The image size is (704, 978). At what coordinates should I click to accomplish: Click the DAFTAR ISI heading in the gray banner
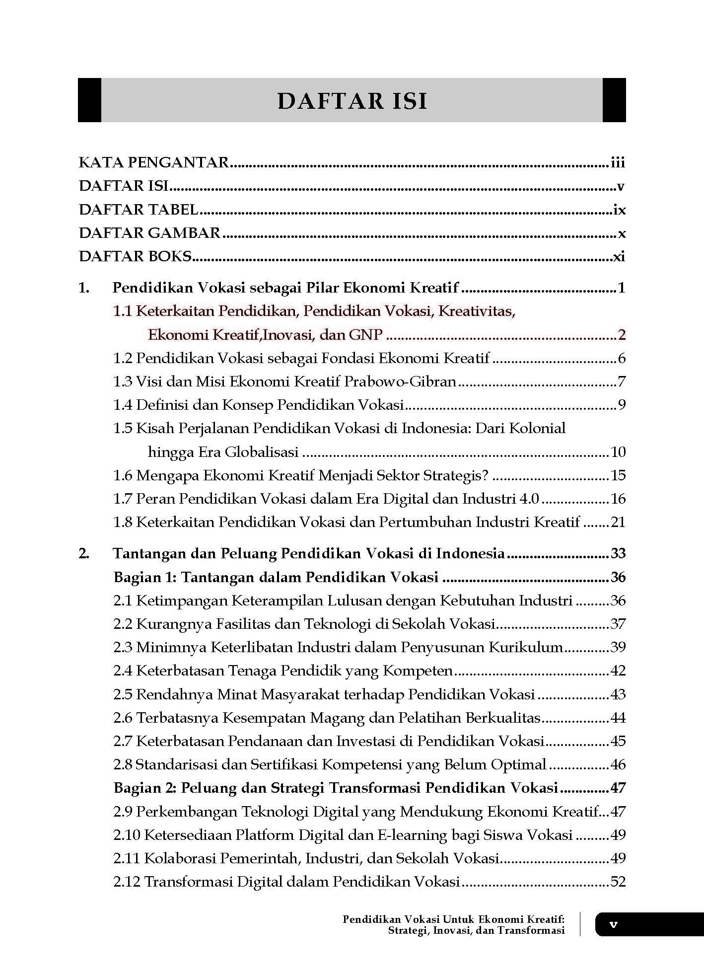click(x=352, y=101)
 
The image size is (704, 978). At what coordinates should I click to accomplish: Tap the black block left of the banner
click(x=89, y=100)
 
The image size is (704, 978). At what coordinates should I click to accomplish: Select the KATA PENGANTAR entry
click(x=154, y=162)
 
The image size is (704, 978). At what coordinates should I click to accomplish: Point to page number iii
click(x=618, y=162)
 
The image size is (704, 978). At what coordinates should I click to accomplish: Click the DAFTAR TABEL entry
click(x=139, y=210)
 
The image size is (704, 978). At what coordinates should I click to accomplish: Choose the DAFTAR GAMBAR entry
click(x=149, y=233)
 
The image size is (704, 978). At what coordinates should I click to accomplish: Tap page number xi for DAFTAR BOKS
click(x=619, y=257)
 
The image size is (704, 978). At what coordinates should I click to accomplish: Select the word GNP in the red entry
click(x=365, y=335)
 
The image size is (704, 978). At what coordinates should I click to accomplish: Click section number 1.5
click(x=123, y=428)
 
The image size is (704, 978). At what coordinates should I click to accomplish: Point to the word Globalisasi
click(x=262, y=452)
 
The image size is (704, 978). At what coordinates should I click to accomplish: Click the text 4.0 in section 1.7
click(x=529, y=499)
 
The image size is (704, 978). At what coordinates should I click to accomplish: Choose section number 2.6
click(x=123, y=718)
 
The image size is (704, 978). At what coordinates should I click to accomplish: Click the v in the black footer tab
click(x=614, y=924)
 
